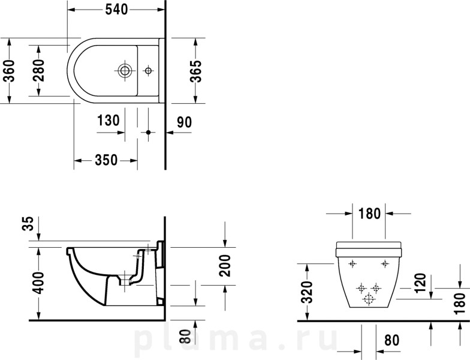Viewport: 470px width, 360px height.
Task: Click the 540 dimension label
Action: pyautogui.click(x=116, y=10)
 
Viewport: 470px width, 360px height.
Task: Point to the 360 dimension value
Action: pyautogui.click(x=9, y=71)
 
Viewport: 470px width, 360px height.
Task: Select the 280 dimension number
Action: pyautogui.click(x=38, y=71)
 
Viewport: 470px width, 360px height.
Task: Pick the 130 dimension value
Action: pyautogui.click(x=109, y=121)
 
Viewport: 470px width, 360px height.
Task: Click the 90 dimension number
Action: pyautogui.click(x=184, y=122)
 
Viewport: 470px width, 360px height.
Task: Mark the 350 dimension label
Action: pyautogui.click(x=106, y=160)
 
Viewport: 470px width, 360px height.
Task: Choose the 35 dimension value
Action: pyautogui.click(x=28, y=223)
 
